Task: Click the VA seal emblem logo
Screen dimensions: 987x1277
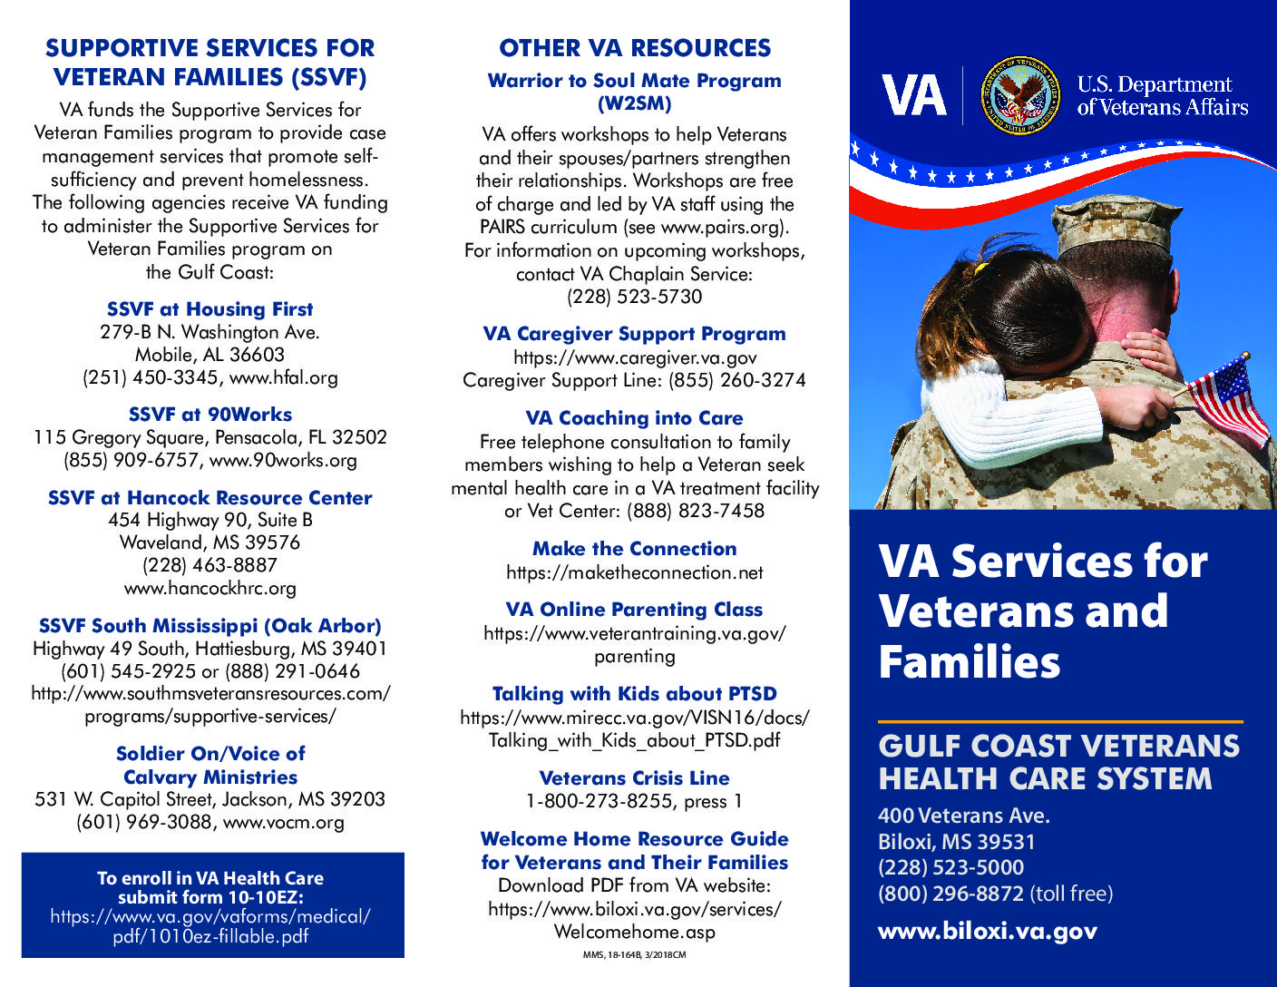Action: coord(1020,95)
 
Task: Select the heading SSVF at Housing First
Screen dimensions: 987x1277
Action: coord(210,309)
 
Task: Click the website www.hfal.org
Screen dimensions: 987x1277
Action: coord(283,377)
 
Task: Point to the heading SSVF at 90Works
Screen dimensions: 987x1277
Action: coord(210,415)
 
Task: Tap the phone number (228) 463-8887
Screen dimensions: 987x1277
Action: coord(210,565)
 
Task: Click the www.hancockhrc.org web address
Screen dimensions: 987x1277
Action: coord(210,588)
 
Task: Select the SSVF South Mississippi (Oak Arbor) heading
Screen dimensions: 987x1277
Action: coord(210,626)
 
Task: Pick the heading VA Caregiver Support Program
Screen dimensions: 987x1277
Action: coord(634,334)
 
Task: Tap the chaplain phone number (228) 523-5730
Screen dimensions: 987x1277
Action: coord(634,297)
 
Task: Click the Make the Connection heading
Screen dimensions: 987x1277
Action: coord(634,549)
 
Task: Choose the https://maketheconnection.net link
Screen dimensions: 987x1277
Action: coord(634,572)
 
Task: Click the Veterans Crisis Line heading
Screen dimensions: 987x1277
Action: coord(634,778)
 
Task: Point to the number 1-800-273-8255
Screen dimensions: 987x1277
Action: coord(599,802)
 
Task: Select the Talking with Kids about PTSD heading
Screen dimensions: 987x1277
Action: coord(634,694)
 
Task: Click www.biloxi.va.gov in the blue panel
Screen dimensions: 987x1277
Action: coord(987,931)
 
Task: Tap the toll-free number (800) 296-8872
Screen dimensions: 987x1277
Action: coord(950,894)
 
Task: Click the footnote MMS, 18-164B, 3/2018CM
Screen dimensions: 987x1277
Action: coord(634,955)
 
